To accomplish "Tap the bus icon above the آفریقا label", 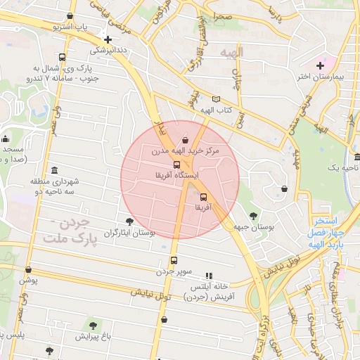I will (203, 198).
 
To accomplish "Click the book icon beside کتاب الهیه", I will (216, 99).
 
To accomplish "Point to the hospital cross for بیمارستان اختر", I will (320, 65).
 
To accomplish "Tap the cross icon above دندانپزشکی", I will (107, 40).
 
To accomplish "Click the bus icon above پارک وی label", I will (63, 58).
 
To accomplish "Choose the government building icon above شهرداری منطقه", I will (55, 171).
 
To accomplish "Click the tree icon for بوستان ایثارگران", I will (129, 221).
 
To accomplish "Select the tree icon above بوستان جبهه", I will (253, 216).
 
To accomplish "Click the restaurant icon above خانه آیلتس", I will (208, 276).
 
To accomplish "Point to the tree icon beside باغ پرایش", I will (93, 326).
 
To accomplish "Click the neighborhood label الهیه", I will (230, 53).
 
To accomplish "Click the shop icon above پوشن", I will (28, 269).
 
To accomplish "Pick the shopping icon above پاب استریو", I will (70, 16).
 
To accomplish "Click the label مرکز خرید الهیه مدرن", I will (185, 151).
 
